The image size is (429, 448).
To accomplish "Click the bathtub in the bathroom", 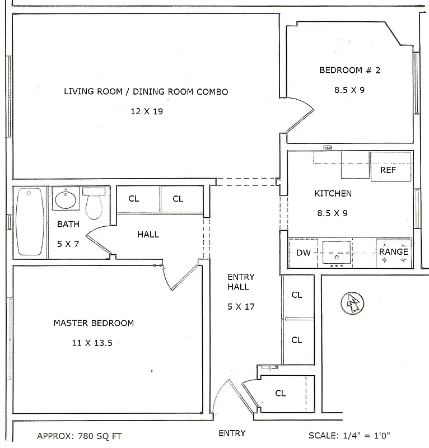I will pyautogui.click(x=30, y=221).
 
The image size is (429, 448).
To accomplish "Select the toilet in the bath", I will pyautogui.click(x=94, y=203).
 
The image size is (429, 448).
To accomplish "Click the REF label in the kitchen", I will pyautogui.click(x=388, y=170).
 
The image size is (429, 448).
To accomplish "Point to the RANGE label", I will pyautogui.click(x=393, y=251).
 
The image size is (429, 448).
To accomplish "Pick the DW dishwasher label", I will pyautogui.click(x=303, y=252).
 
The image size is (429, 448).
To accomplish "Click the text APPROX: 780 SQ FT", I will pyautogui.click(x=79, y=436).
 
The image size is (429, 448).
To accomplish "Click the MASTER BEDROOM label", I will pyautogui.click(x=94, y=323).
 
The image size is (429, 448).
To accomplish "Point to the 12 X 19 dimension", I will pyautogui.click(x=146, y=111).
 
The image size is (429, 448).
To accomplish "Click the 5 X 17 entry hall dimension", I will pyautogui.click(x=241, y=306).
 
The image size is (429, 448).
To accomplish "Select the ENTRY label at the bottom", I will pyautogui.click(x=232, y=433).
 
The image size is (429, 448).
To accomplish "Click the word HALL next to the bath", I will pyautogui.click(x=148, y=235).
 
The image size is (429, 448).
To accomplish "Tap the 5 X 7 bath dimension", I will pyautogui.click(x=68, y=244).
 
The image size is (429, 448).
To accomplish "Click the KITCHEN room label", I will pyautogui.click(x=333, y=194).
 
